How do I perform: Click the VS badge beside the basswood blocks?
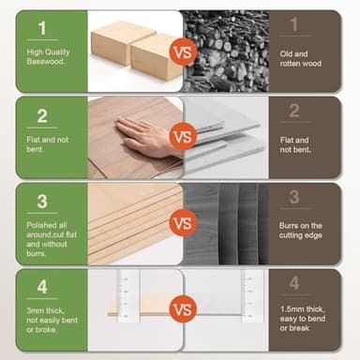[x=183, y=52]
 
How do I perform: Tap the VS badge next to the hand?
[x=183, y=136]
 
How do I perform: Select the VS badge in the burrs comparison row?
[x=183, y=223]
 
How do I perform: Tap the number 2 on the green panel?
[x=42, y=115]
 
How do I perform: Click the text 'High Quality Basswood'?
[x=48, y=58]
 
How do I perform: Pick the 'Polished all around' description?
[x=49, y=240]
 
